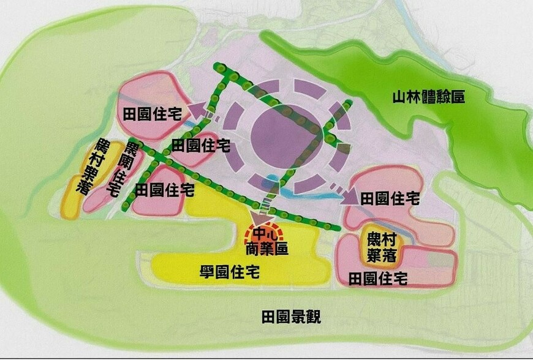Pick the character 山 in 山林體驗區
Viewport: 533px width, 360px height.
(x=399, y=97)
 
